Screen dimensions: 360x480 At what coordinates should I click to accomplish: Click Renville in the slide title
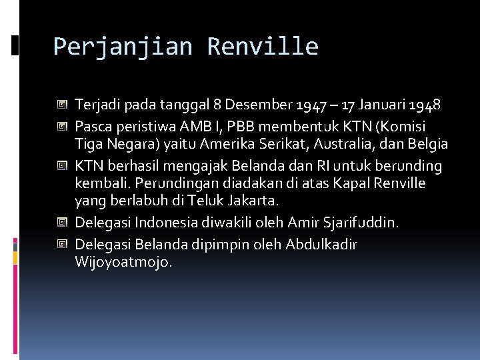[263, 47]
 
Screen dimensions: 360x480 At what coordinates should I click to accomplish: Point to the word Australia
[360, 144]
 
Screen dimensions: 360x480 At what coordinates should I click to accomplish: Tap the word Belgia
[427, 144]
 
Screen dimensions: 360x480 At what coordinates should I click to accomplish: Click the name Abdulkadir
[321, 245]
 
